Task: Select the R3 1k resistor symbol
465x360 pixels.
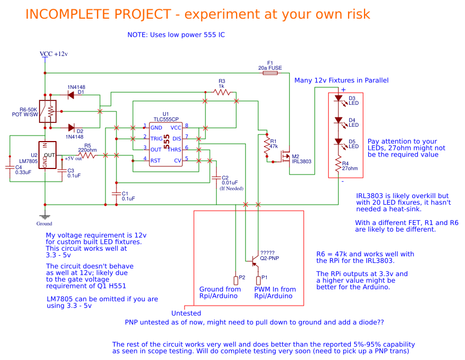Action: point(221,92)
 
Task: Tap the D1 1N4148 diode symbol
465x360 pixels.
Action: point(71,95)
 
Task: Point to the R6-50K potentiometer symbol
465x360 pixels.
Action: point(49,112)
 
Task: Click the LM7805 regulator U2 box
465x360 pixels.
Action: point(49,155)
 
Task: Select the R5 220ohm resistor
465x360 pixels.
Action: point(87,156)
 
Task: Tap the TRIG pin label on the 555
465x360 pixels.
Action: point(157,138)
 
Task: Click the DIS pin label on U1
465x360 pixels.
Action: point(176,138)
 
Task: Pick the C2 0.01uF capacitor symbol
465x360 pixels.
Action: point(215,178)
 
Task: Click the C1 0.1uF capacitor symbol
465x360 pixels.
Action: point(115,193)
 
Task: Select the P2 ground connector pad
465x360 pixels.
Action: point(235,280)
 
